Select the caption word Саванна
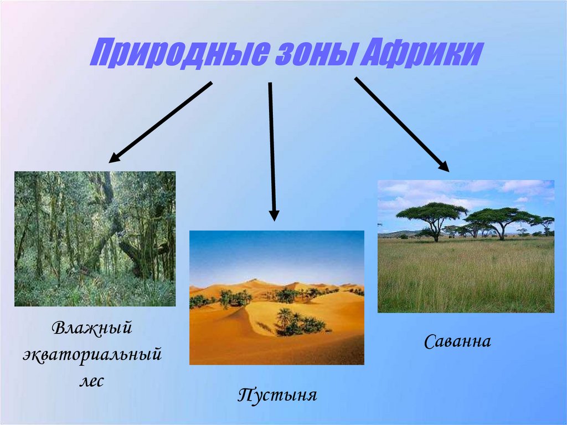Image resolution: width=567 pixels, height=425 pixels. (x=457, y=341)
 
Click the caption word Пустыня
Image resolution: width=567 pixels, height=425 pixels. (x=277, y=396)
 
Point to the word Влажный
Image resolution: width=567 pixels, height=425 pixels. (x=92, y=328)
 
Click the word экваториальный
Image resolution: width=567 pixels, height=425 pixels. (x=92, y=354)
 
